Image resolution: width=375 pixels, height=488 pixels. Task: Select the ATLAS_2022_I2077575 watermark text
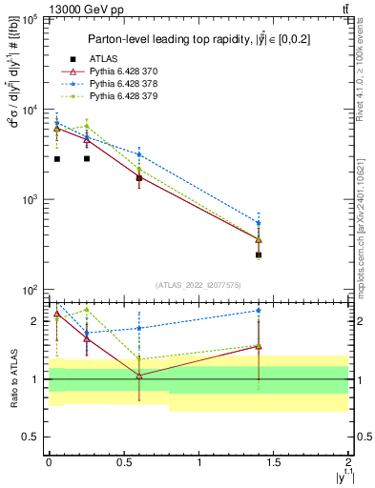[x=198, y=284]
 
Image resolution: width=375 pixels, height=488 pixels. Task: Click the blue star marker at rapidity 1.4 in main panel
[x=259, y=223]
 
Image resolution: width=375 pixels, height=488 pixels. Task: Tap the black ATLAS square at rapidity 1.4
[x=259, y=254]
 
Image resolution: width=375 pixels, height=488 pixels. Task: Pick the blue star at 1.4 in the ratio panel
[x=259, y=310]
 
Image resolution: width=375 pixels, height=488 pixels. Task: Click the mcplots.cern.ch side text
[x=366, y=219]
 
